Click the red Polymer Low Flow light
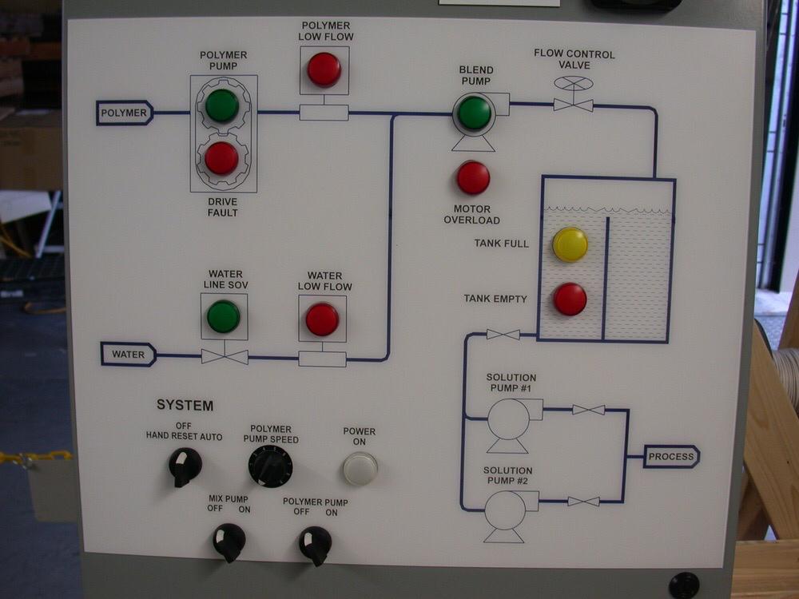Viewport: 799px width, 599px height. [x=324, y=69]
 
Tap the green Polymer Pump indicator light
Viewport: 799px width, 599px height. [x=221, y=105]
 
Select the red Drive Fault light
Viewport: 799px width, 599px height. [x=221, y=158]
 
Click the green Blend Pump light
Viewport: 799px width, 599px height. [x=475, y=113]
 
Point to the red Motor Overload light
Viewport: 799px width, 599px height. [x=473, y=177]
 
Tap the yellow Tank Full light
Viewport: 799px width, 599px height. [x=570, y=244]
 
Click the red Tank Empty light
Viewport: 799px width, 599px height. [x=570, y=299]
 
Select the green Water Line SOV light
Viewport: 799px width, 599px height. [x=223, y=316]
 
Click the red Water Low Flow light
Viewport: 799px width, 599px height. [x=322, y=319]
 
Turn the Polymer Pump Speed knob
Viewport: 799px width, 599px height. [x=270, y=466]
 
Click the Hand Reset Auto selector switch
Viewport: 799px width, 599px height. [x=185, y=466]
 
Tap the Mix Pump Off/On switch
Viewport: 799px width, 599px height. [x=229, y=541]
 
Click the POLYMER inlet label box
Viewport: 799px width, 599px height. [x=125, y=113]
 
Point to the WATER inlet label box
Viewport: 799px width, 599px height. [x=128, y=354]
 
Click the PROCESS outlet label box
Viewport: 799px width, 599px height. [x=671, y=457]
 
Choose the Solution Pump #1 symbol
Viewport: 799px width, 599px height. [x=509, y=421]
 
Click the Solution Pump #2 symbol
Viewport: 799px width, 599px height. [x=506, y=512]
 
